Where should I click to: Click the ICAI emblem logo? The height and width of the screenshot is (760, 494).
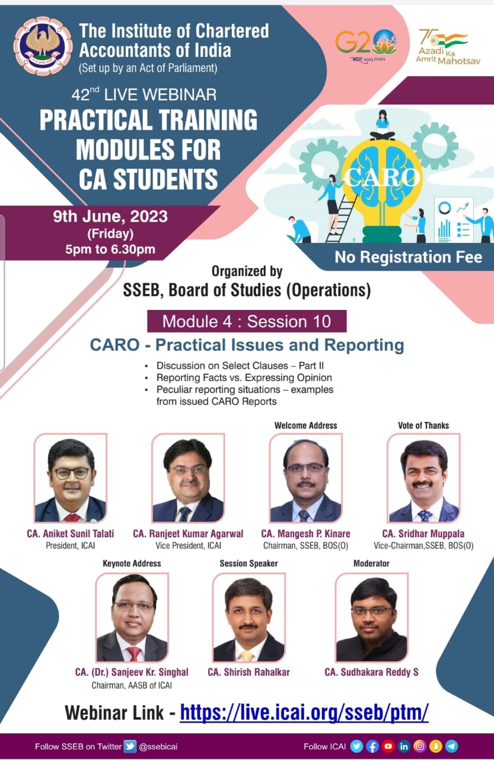click(x=43, y=46)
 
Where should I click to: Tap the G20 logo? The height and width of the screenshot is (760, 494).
click(x=366, y=46)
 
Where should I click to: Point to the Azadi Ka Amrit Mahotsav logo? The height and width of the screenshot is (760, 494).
click(x=448, y=47)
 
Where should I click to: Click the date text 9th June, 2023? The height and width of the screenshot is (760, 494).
click(x=110, y=217)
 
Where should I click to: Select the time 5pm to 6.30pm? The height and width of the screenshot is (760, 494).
click(x=110, y=249)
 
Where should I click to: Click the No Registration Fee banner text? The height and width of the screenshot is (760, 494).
click(x=408, y=257)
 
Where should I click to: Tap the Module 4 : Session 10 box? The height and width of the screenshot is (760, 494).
click(x=247, y=321)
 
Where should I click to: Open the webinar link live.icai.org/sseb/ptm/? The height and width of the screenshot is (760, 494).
click(x=304, y=712)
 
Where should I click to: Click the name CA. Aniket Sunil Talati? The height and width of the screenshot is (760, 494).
click(x=71, y=534)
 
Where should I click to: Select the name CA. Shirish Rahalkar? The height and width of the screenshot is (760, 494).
click(x=248, y=672)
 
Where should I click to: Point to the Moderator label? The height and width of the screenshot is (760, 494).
click(x=371, y=563)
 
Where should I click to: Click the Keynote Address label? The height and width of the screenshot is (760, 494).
click(x=132, y=563)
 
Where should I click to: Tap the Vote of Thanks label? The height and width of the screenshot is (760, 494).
click(x=423, y=426)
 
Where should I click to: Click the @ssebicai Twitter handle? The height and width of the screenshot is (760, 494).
click(x=158, y=746)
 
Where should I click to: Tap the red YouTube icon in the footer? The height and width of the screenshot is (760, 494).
click(x=388, y=746)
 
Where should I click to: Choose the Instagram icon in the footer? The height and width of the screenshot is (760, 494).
click(x=419, y=746)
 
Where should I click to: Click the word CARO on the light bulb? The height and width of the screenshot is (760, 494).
click(x=381, y=177)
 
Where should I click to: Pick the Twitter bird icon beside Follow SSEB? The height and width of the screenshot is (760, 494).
click(x=130, y=746)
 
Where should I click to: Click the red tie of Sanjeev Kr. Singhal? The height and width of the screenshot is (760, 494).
click(x=134, y=654)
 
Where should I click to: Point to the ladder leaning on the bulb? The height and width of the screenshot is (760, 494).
click(x=341, y=217)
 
